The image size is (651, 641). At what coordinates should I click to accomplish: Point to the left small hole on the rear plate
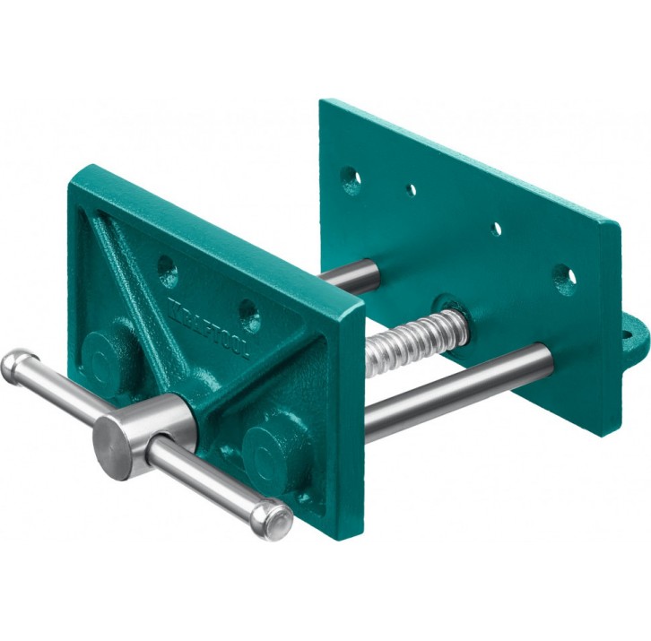tap(411, 191)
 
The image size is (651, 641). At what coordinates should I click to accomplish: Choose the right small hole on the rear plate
tap(497, 229)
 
